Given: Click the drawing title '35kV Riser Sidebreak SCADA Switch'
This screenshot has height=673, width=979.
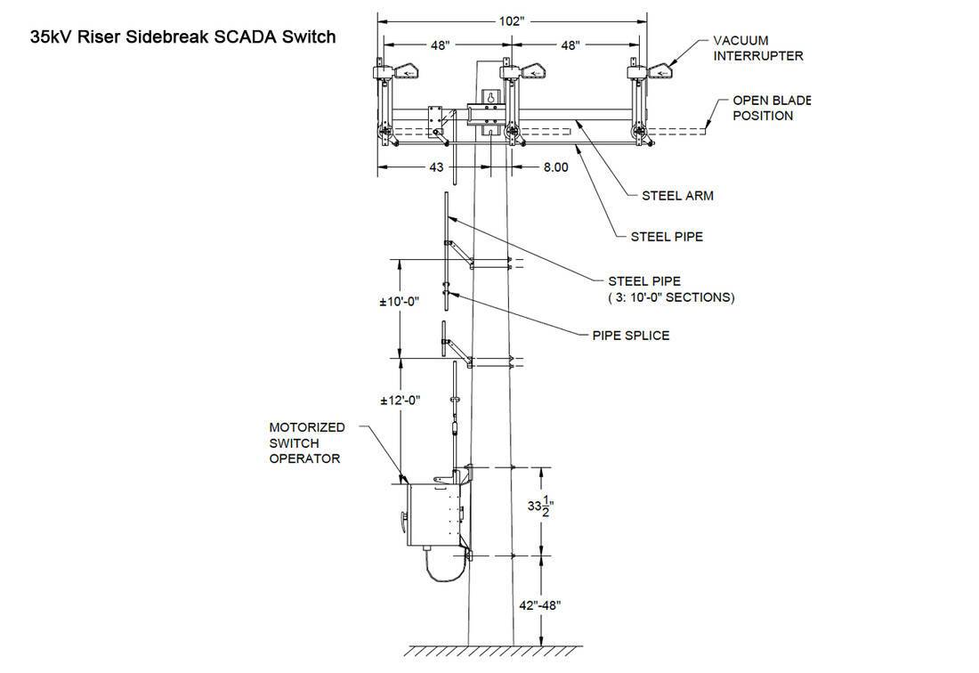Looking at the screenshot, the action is pyautogui.click(x=183, y=37).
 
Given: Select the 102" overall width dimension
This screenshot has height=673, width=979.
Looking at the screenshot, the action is pyautogui.click(x=512, y=21).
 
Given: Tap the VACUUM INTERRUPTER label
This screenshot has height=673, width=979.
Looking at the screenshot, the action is pyautogui.click(x=758, y=48).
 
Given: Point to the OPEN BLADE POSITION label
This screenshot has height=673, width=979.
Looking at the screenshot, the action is pyautogui.click(x=771, y=108).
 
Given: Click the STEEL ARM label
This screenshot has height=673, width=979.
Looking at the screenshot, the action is pyautogui.click(x=677, y=196).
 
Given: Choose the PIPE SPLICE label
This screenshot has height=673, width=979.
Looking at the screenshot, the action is pyautogui.click(x=631, y=336).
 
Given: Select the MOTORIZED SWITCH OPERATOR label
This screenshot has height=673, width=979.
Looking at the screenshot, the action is pyautogui.click(x=306, y=442).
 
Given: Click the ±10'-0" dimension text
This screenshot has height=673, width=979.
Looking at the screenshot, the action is pyautogui.click(x=399, y=302).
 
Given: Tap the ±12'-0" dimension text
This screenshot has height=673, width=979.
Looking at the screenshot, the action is pyautogui.click(x=400, y=401).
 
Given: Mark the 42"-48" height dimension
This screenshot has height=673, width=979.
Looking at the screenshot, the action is pyautogui.click(x=540, y=605).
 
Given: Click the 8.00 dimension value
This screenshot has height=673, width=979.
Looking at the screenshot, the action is pyautogui.click(x=555, y=167).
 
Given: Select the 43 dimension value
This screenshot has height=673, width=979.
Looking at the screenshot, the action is pyautogui.click(x=436, y=167).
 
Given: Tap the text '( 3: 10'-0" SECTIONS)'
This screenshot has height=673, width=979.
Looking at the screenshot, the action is pyautogui.click(x=671, y=297).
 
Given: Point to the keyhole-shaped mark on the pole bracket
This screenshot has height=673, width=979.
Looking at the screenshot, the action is pyautogui.click(x=491, y=98).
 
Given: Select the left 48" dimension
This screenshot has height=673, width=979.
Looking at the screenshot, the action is pyautogui.click(x=440, y=45).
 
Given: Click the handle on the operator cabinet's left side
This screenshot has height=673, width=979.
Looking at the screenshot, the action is pyautogui.click(x=403, y=519).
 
